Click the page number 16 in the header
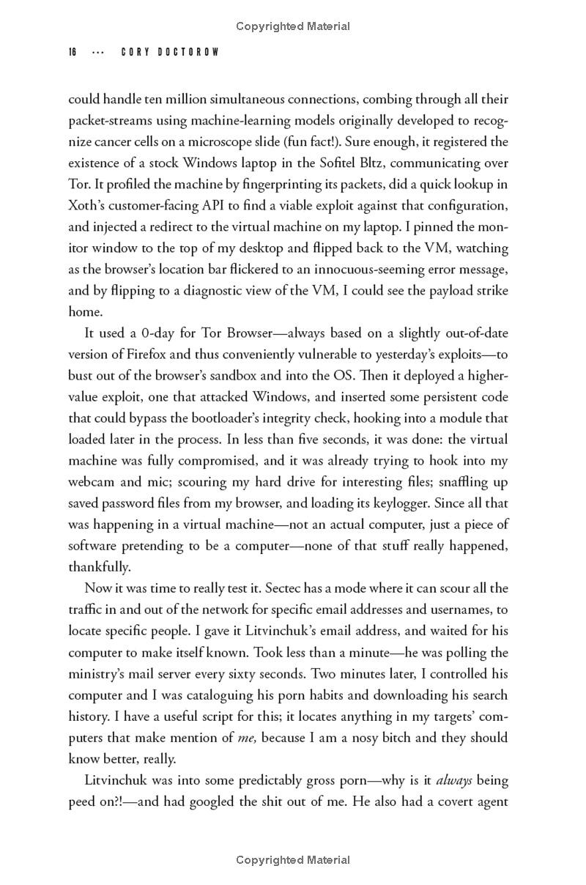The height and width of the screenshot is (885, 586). pyautogui.click(x=73, y=53)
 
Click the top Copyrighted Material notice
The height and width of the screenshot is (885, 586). pyautogui.click(x=293, y=26)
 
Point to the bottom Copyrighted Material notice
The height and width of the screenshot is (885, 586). pyautogui.click(x=293, y=860)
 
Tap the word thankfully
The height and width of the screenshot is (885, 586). pyautogui.click(x=100, y=567)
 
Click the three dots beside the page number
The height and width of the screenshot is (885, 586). pyautogui.click(x=97, y=53)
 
